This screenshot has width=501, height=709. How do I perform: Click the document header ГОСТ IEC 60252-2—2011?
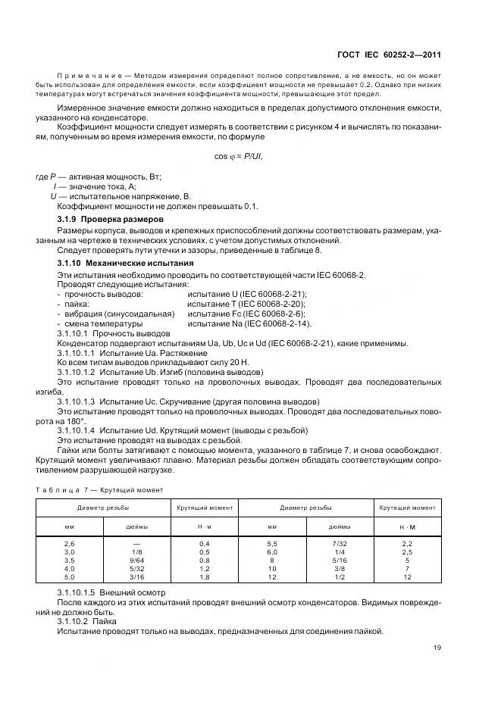(x=389, y=55)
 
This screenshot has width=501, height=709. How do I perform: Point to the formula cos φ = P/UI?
(x=240, y=156)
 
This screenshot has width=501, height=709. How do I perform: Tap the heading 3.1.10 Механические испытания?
(x=116, y=263)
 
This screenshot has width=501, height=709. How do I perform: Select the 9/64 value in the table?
(x=136, y=561)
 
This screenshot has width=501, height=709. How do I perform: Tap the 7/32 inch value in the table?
(x=339, y=543)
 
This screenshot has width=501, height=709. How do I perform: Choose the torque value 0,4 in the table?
(x=204, y=543)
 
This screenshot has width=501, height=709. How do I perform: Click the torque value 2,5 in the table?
(x=406, y=552)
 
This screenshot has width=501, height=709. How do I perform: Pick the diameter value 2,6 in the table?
(x=70, y=543)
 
